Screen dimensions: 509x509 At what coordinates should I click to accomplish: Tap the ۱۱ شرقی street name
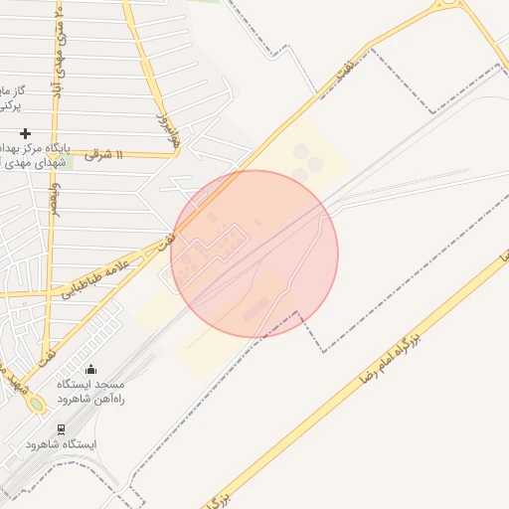(x=103, y=155)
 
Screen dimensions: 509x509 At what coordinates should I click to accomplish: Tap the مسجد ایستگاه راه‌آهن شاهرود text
(x=90, y=390)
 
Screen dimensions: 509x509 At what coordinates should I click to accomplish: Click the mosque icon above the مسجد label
(x=91, y=370)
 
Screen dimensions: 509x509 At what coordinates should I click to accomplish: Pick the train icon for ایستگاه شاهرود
(x=62, y=429)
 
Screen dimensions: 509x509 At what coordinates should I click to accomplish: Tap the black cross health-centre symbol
(x=25, y=132)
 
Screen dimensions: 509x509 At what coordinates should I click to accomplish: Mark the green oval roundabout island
(x=37, y=405)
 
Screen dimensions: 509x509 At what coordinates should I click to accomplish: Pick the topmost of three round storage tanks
(x=301, y=151)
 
